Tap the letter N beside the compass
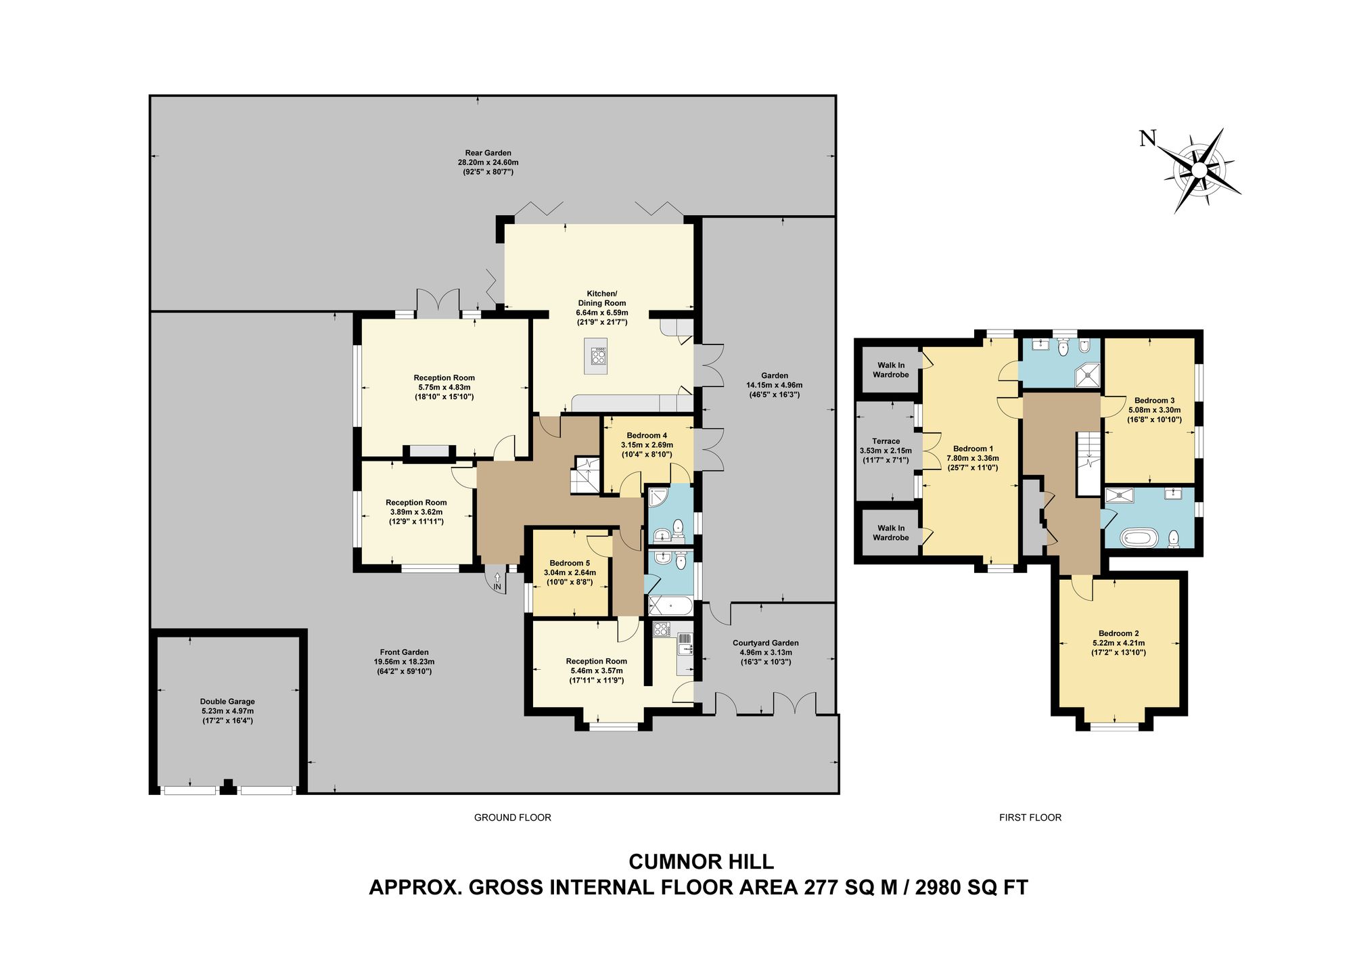[1148, 139]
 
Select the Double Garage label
[227, 702]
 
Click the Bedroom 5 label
[570, 563]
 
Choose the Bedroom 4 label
[647, 435]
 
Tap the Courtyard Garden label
[766, 643]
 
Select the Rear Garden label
[488, 153]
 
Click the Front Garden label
[405, 652]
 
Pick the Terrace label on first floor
[886, 441]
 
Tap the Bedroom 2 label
[1119, 633]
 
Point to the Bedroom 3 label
[1155, 401]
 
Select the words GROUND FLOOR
[513, 817]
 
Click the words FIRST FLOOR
[1030, 817]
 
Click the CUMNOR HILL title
[702, 861]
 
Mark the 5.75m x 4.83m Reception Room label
[444, 388]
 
